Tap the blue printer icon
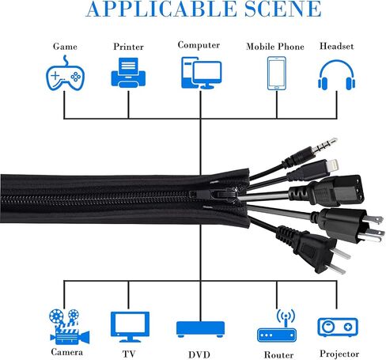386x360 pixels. [x=128, y=73]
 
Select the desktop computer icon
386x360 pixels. [x=202, y=73]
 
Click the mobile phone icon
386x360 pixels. [x=277, y=74]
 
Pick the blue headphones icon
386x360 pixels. [x=337, y=75]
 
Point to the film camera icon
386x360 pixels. [x=70, y=327]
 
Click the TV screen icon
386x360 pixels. [x=130, y=327]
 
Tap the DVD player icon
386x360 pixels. [x=200, y=329]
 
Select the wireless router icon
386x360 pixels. [x=277, y=326]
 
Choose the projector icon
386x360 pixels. [x=338, y=328]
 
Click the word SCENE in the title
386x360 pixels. [x=282, y=9]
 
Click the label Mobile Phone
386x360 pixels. [x=275, y=47]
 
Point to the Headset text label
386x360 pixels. [x=337, y=46]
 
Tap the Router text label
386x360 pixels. [x=278, y=354]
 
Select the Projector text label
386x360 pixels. [x=339, y=354]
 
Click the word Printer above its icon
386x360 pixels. [x=128, y=47]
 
